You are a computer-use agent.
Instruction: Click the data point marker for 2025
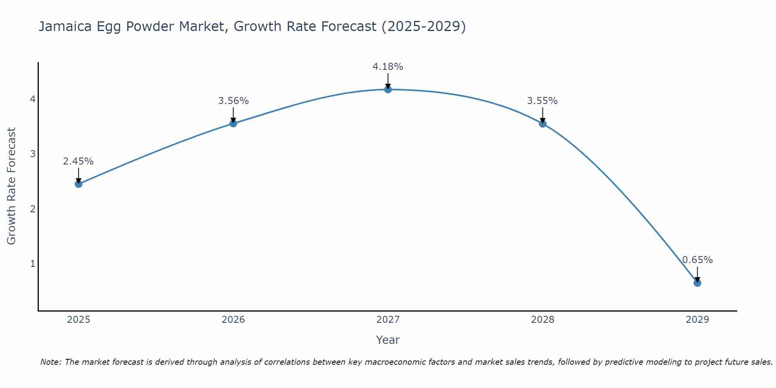[x=78, y=184]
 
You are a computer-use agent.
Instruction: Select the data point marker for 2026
[x=233, y=123]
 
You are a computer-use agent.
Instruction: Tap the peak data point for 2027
[x=388, y=90]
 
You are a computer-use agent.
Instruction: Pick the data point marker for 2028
[x=543, y=124]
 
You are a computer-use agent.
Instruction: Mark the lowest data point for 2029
[x=697, y=283]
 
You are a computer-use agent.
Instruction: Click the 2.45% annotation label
[x=78, y=161]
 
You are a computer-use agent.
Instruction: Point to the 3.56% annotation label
[x=233, y=101]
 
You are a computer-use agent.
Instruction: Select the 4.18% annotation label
[x=388, y=67]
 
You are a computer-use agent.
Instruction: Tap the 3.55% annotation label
[x=542, y=101]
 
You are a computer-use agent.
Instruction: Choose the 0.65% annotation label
[x=697, y=260]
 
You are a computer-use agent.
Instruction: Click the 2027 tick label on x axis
[x=388, y=320]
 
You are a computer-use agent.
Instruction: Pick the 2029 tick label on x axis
[x=697, y=320]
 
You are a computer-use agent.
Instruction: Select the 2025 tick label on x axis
[x=78, y=320]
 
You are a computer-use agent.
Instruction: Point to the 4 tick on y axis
[x=33, y=99]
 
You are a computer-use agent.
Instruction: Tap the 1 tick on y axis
[x=33, y=264]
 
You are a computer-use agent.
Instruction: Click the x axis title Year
[x=388, y=340]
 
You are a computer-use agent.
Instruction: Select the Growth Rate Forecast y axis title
[x=12, y=186]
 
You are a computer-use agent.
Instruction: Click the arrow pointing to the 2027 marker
[x=388, y=81]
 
